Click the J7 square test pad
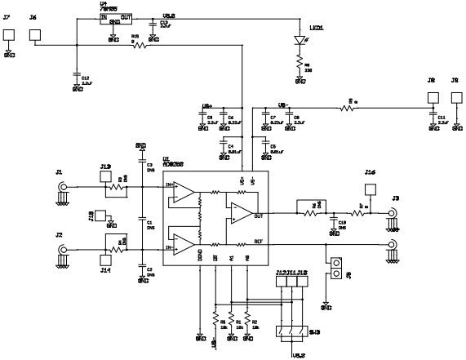(x=9, y=35)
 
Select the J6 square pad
(x=35, y=35)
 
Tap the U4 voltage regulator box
(x=114, y=19)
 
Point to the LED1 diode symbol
(x=299, y=40)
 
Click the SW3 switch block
(x=291, y=331)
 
